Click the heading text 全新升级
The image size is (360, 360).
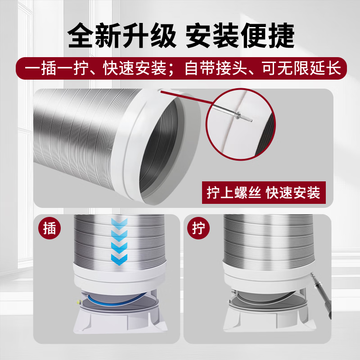pos(122,36)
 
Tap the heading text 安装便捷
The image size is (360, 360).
pos(240,36)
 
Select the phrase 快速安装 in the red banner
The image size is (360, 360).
pos(135,68)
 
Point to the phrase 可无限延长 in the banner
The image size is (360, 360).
pos(301,68)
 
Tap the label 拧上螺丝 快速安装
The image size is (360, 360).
pos(264,193)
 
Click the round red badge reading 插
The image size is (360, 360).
pos(49,228)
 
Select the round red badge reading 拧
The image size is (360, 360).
pos(198,228)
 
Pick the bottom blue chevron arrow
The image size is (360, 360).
pos(119,260)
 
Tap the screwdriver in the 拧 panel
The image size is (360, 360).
pos(321,296)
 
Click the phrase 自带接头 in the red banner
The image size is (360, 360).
pos(216,68)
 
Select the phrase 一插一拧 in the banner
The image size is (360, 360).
pos(57,68)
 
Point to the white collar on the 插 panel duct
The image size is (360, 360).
pos(119,277)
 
